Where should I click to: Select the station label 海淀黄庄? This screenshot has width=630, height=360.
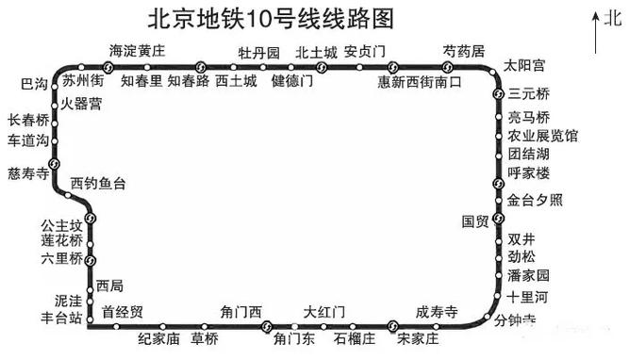[x=137, y=51]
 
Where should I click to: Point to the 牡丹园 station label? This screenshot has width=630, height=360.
[x=258, y=52]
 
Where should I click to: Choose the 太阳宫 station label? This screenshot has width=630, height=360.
[x=524, y=66]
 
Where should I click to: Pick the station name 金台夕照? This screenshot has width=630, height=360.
[x=535, y=200]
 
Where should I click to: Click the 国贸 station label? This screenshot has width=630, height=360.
[x=475, y=221]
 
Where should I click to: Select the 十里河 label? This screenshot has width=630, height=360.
[x=527, y=295]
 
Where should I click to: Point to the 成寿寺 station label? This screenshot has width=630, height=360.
[x=437, y=312]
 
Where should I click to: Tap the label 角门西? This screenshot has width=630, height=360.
[x=240, y=312]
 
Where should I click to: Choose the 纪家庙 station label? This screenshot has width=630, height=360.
[x=158, y=337]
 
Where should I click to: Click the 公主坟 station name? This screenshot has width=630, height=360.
[x=62, y=226]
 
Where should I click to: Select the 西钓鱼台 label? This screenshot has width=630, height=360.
[x=98, y=183]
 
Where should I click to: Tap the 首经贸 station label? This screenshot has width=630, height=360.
[x=123, y=312]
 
